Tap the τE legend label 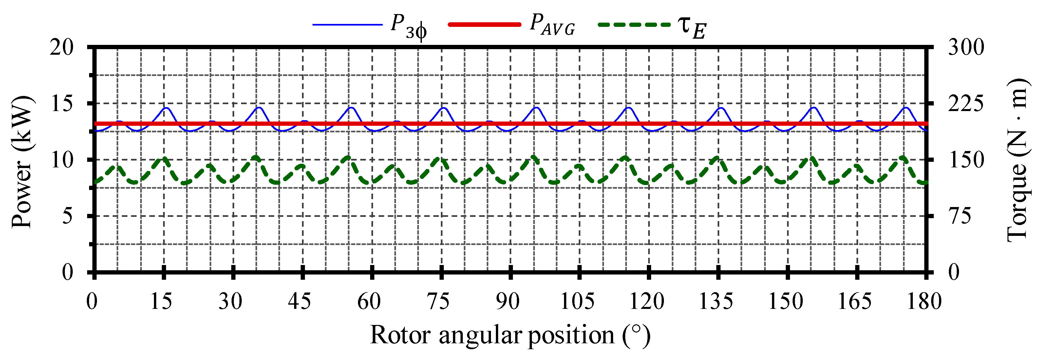click(x=692, y=27)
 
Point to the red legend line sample click(x=484, y=25)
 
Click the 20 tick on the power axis click(x=61, y=47)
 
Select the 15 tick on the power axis click(x=61, y=104)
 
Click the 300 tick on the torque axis click(x=966, y=47)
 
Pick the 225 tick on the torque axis click(x=966, y=104)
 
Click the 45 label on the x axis click(x=300, y=302)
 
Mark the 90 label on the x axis click(x=508, y=302)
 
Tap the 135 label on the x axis click(x=716, y=302)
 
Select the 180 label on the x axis click(x=924, y=302)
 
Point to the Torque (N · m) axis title click(x=1018, y=160)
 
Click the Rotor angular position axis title click(x=510, y=335)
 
